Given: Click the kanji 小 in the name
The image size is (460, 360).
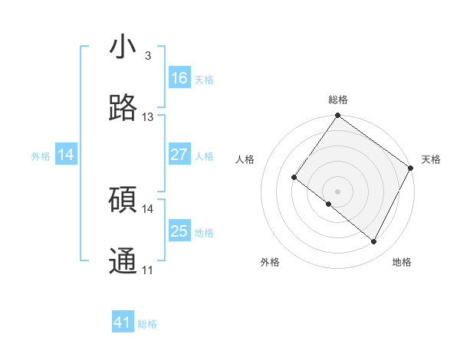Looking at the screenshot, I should pyautogui.click(x=123, y=47).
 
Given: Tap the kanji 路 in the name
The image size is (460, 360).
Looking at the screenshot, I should pyautogui.click(x=123, y=109).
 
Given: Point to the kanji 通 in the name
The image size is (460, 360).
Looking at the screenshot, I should pyautogui.click(x=123, y=261).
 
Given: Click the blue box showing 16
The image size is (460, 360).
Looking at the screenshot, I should pyautogui.click(x=179, y=78).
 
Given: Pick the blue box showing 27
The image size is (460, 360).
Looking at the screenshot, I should pyautogui.click(x=179, y=155).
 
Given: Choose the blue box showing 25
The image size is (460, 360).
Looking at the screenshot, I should pyautogui.click(x=179, y=231).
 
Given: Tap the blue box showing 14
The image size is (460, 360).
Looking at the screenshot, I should pyautogui.click(x=66, y=155).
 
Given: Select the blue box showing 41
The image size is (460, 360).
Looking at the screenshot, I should pyautogui.click(x=123, y=323).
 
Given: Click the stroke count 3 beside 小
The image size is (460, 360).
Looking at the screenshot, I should pyautogui.click(x=147, y=56).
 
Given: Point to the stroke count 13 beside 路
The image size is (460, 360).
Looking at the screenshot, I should pyautogui.click(x=147, y=117).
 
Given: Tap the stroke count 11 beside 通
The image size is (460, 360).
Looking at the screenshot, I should pyautogui.click(x=147, y=270).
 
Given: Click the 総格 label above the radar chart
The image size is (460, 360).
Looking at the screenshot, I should pyautogui.click(x=338, y=100).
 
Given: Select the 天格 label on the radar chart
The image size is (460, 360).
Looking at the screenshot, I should pyautogui.click(x=431, y=159).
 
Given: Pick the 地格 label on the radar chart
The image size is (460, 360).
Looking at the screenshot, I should pyautogui.click(x=402, y=262).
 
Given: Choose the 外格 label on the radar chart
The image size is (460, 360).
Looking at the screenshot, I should pyautogui.click(x=270, y=262).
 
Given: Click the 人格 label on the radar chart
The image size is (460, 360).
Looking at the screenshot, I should pyautogui.click(x=245, y=159).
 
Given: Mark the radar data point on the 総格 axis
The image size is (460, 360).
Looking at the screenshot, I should pyautogui.click(x=337, y=116).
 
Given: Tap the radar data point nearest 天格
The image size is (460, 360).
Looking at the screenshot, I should pyautogui.click(x=411, y=168).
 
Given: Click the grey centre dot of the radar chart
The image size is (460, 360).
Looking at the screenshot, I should pyautogui.click(x=337, y=191).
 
